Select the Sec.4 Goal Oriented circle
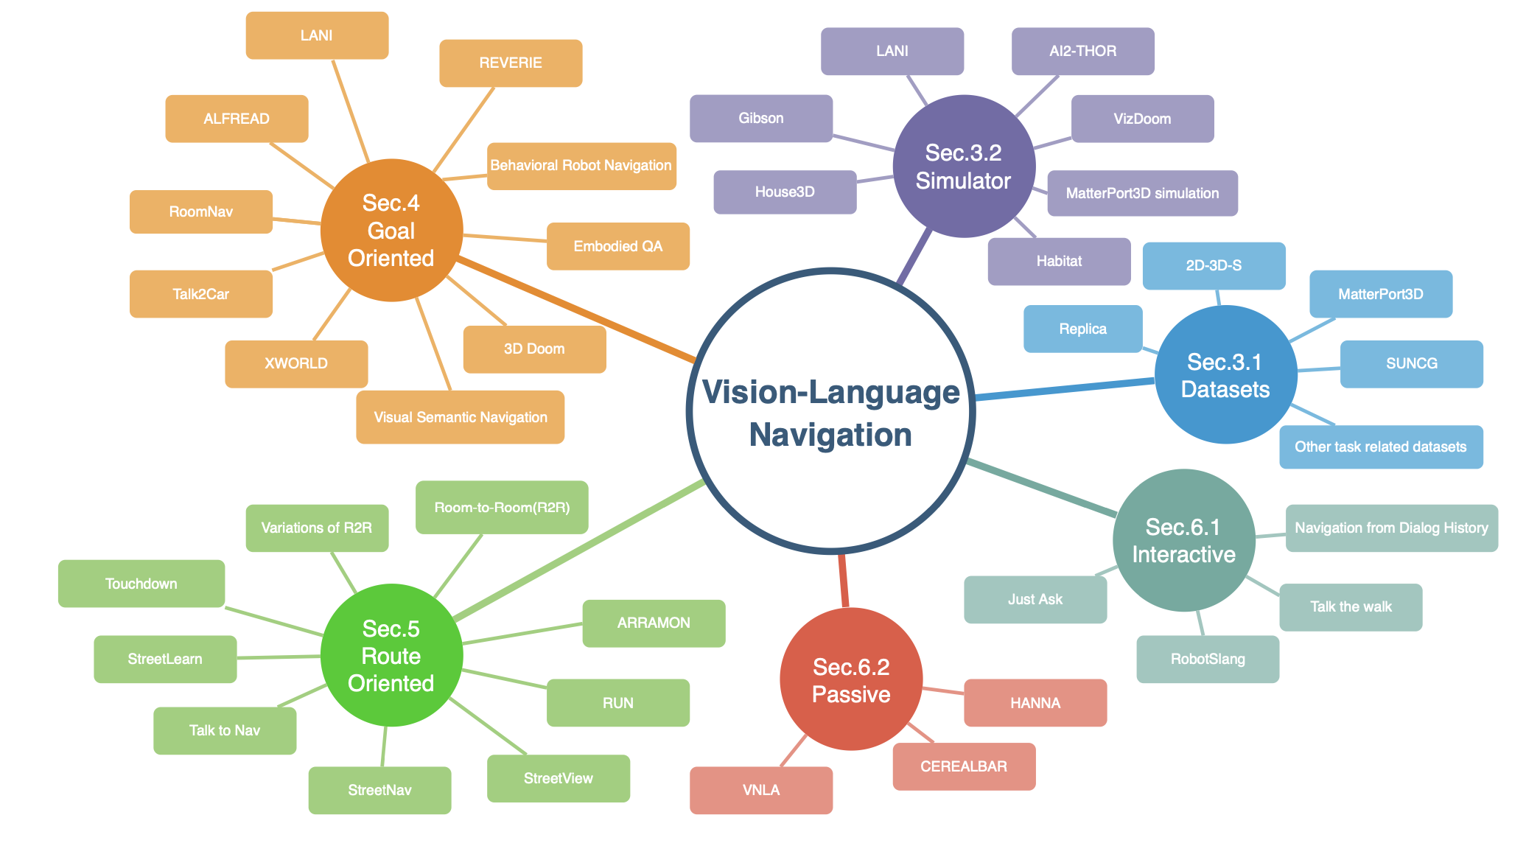pyautogui.click(x=391, y=230)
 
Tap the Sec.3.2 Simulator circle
pyautogui.click(x=963, y=167)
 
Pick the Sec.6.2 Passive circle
pyautogui.click(x=851, y=679)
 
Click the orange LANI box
pyautogui.click(x=317, y=35)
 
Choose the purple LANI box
pyautogui.click(x=892, y=51)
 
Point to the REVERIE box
pyautogui.click(x=511, y=63)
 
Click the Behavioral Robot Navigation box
pyautogui.click(x=581, y=166)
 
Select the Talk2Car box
pyautogui.click(x=200, y=294)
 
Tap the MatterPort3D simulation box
pyautogui.click(x=1142, y=193)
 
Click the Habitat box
pyautogui.click(x=1059, y=261)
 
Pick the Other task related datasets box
pyautogui.click(x=1380, y=447)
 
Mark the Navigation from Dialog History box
pyautogui.click(x=1391, y=528)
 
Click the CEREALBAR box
pyautogui.click(x=963, y=766)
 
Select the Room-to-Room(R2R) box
pyautogui.click(x=502, y=507)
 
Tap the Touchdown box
pyautogui.click(x=141, y=584)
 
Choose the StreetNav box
pyautogui.click(x=379, y=790)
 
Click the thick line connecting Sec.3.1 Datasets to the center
pyautogui.click(x=1065, y=389)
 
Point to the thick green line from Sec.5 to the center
pyautogui.click(x=578, y=550)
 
